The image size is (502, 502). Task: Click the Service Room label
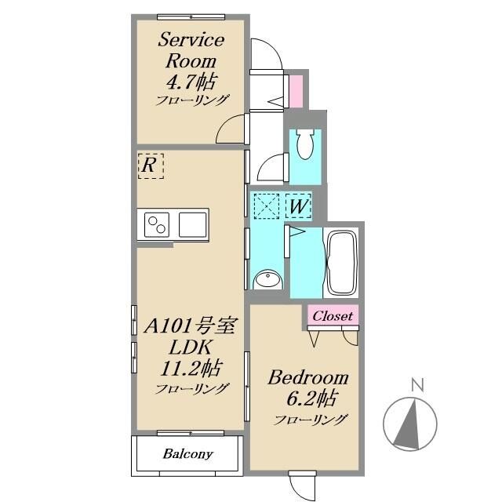pos(191,50)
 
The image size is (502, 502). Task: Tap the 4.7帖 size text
pos(191,82)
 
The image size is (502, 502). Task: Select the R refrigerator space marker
pos(151,166)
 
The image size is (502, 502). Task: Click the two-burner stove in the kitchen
pos(157,225)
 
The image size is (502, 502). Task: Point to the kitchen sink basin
pos(192,225)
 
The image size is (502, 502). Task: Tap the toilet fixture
pos(305,144)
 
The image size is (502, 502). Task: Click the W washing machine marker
pos(298,206)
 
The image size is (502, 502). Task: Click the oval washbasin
pos(268,279)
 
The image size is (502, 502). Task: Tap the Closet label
pos(333,316)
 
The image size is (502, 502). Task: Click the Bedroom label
pos(308,377)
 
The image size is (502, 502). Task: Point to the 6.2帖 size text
pos(311,398)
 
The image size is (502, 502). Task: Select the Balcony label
pos(187,453)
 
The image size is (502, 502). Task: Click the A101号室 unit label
pos(191,326)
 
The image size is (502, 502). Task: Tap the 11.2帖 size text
pos(191,368)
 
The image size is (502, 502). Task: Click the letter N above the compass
pos(417,385)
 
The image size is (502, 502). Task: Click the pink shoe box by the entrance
pos(296,91)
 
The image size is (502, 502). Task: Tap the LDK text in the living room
pos(191,347)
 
